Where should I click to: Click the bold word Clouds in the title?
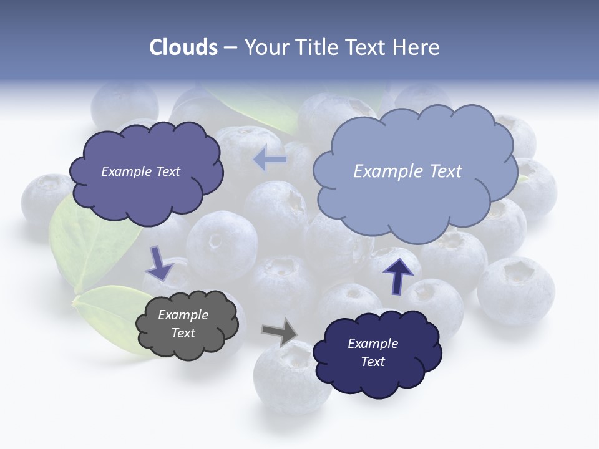pyautogui.click(x=183, y=47)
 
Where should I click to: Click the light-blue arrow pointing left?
pyautogui.click(x=270, y=160)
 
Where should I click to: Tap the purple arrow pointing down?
pyautogui.click(x=160, y=263)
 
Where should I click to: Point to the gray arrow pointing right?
pyautogui.click(x=280, y=332)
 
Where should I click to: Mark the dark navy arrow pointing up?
pyautogui.click(x=398, y=274)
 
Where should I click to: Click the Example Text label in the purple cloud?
pyautogui.click(x=141, y=171)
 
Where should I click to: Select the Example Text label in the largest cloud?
pyautogui.click(x=407, y=171)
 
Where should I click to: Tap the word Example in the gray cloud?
pyautogui.click(x=183, y=315)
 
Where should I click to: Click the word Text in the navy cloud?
pyautogui.click(x=373, y=362)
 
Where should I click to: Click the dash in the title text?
pyautogui.click(x=230, y=48)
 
